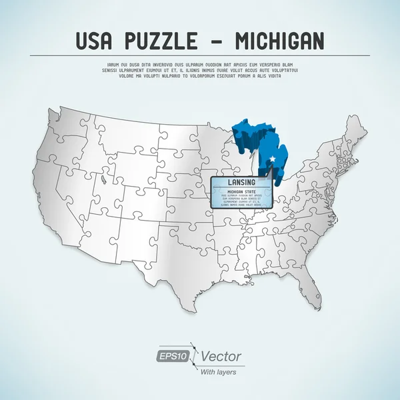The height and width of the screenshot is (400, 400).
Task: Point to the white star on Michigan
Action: [272, 158]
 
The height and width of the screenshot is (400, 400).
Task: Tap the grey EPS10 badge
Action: [172, 357]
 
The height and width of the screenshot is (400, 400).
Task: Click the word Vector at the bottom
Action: [220, 357]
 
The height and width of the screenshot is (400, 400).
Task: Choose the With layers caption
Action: [218, 371]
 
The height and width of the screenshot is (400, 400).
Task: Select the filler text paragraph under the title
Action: [200, 70]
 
